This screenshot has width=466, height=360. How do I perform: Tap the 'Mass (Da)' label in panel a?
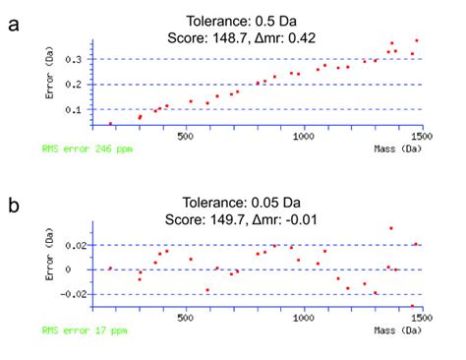[x=398, y=149]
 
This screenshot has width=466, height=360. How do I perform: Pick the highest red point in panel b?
[x=391, y=228]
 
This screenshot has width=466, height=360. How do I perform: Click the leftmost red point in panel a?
[x=110, y=124]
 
